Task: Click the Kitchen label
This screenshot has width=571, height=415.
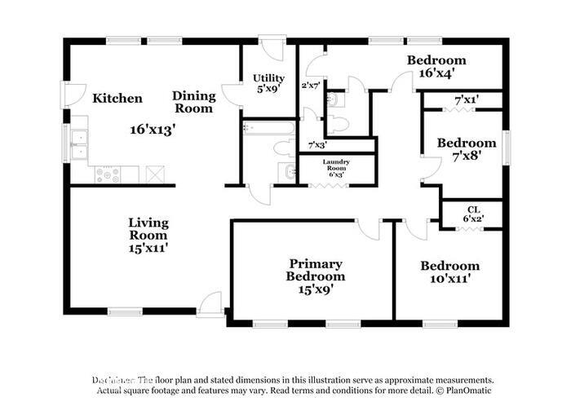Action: (x=117, y=99)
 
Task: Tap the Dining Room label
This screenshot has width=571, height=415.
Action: (x=193, y=102)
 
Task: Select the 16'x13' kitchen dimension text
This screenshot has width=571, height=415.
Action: (x=153, y=129)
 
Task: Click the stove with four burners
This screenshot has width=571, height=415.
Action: (x=108, y=174)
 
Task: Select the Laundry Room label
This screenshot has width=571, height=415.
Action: (x=335, y=165)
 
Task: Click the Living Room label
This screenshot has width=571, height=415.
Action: (x=148, y=228)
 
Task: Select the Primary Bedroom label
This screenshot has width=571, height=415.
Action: (x=314, y=270)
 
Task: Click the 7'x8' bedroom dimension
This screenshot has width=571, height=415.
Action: (x=466, y=158)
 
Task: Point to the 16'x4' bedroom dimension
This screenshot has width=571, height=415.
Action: (x=436, y=73)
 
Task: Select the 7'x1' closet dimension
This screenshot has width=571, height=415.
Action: (x=466, y=99)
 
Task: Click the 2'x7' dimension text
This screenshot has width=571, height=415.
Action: (x=311, y=85)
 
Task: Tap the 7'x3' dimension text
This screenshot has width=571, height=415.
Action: (x=317, y=145)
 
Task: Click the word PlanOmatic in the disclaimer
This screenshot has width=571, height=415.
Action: (x=468, y=391)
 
